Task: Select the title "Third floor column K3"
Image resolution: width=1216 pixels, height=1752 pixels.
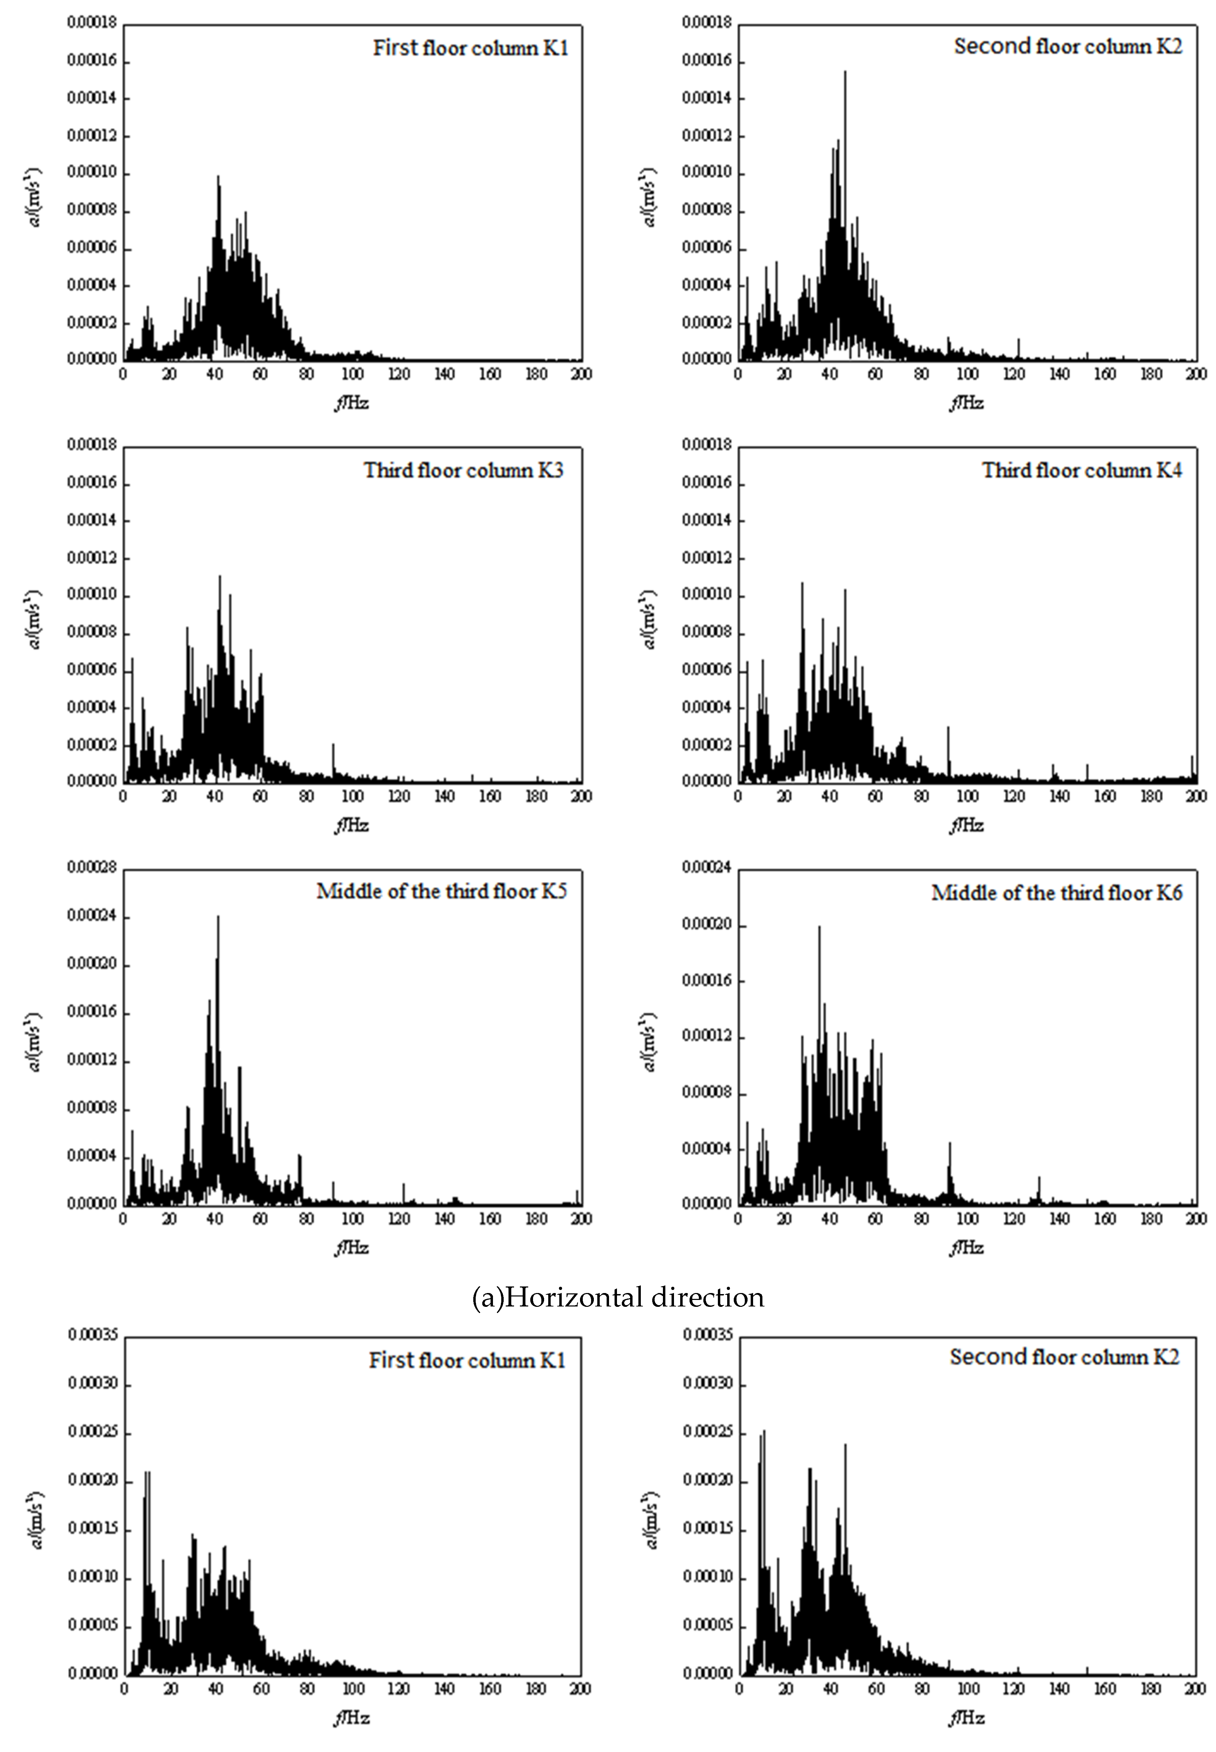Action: click(463, 470)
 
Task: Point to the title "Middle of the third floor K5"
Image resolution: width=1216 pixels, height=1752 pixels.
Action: click(442, 891)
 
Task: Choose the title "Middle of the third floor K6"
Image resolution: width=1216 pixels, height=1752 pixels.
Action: click(1057, 893)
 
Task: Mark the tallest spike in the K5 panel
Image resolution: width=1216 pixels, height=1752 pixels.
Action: click(218, 917)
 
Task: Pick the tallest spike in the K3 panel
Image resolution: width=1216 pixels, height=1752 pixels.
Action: click(219, 577)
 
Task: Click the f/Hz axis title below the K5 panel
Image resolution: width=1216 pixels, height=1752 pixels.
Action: click(352, 1248)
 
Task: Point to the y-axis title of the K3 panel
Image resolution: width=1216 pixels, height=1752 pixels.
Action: click(32, 619)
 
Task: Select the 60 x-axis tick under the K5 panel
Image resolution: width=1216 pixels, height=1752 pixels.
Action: click(260, 1219)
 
